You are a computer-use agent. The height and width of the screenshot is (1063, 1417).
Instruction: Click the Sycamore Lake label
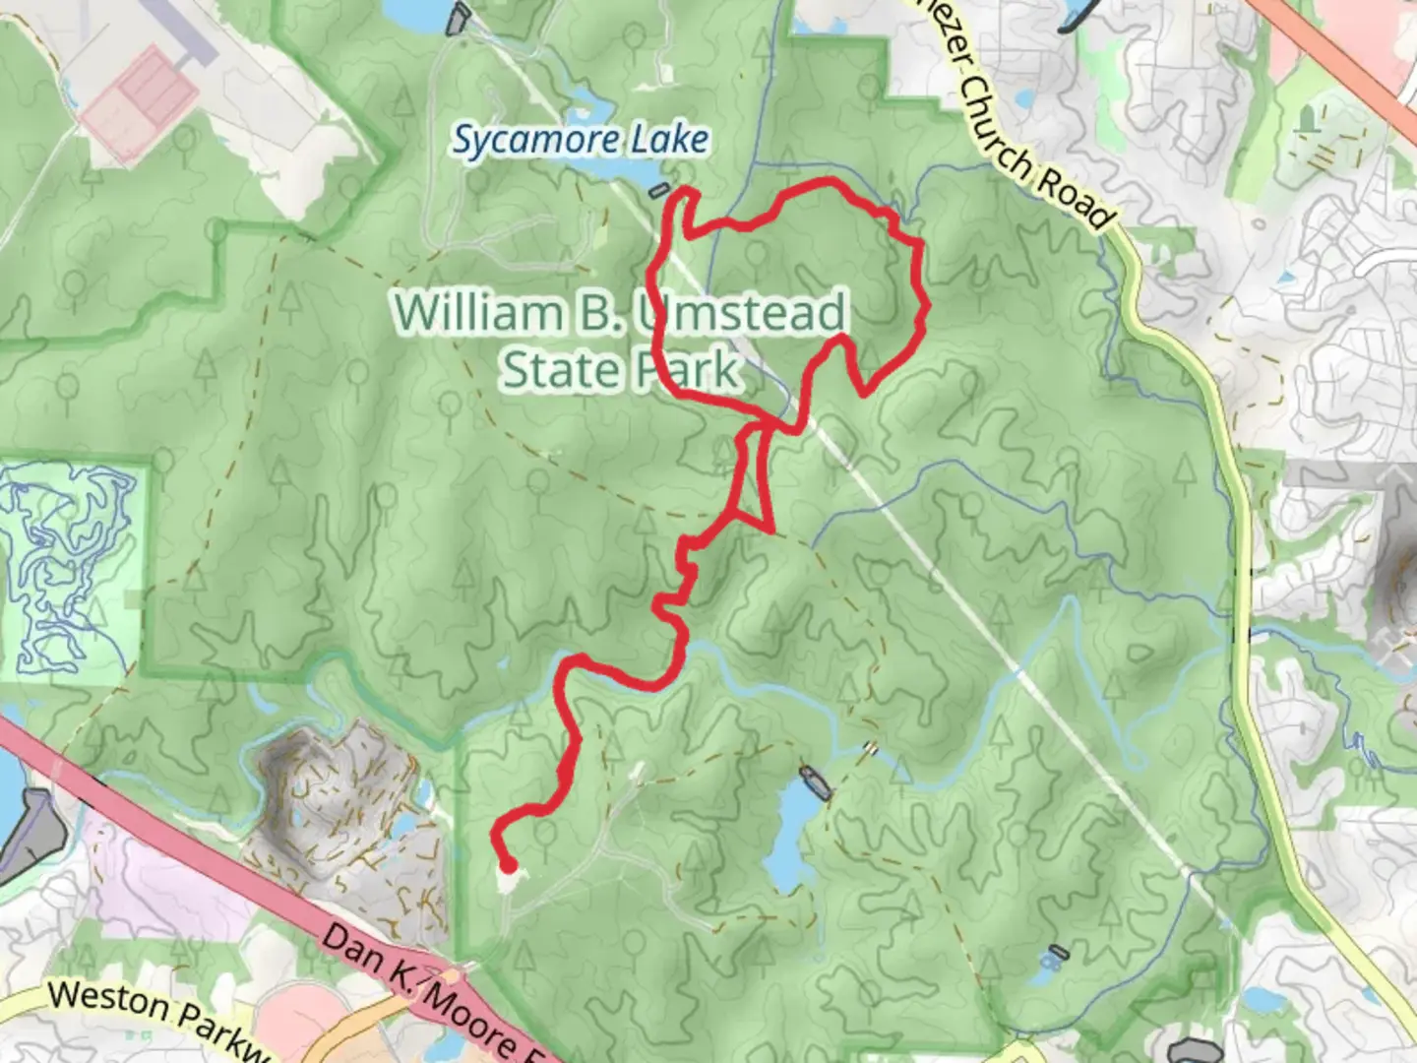[x=581, y=140]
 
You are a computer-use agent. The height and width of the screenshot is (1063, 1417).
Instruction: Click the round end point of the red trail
[x=508, y=866]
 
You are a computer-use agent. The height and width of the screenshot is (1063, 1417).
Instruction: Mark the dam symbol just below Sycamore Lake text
[x=659, y=189]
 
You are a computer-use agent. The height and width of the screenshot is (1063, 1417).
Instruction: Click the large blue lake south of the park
[x=793, y=837]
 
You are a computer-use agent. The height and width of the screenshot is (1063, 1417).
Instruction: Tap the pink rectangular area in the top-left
[x=138, y=103]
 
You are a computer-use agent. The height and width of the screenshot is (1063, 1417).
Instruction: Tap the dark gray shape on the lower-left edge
[x=30, y=837]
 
